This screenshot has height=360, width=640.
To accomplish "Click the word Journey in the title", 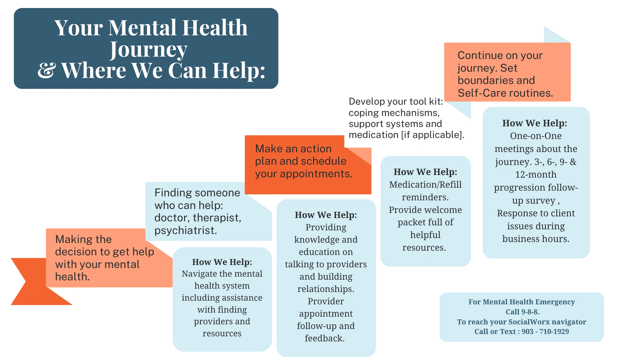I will tap(149, 50).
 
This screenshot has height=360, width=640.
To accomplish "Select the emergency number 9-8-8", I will tap(530, 312).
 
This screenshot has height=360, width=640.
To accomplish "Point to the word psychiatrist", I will tap(185, 230).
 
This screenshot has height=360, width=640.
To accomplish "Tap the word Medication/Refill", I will tap(425, 185).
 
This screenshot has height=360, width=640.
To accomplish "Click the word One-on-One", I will tap(536, 136).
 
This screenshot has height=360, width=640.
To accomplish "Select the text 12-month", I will tap(536, 175).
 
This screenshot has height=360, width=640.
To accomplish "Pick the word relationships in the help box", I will tap(325, 289).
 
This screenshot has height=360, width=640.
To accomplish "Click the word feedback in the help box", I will tap(324, 338).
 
